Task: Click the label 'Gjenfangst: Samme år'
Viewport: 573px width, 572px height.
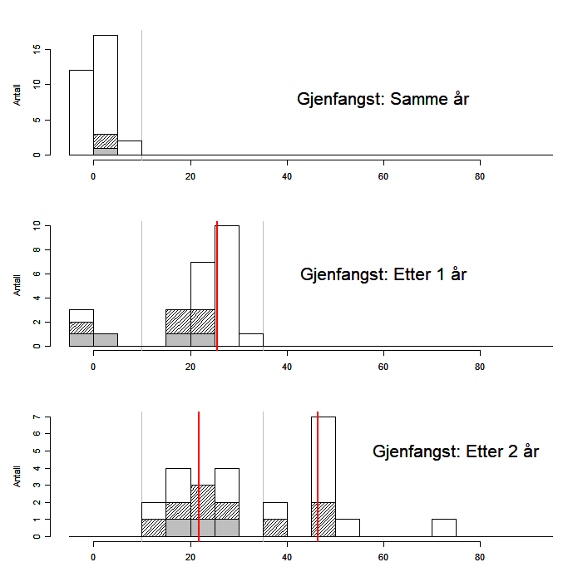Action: (383, 100)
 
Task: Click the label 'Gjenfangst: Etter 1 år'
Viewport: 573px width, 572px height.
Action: (383, 274)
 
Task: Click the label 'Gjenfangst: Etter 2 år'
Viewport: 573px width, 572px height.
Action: (457, 451)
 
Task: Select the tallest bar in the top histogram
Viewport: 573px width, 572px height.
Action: (106, 83)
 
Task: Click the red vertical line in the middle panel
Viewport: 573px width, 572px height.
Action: (216, 283)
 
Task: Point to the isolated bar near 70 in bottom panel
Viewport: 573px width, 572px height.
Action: (444, 528)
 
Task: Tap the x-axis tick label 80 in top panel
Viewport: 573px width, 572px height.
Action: (480, 177)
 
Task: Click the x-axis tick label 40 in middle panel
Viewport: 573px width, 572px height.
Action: (287, 368)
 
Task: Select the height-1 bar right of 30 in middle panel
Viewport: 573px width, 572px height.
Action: (251, 339)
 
